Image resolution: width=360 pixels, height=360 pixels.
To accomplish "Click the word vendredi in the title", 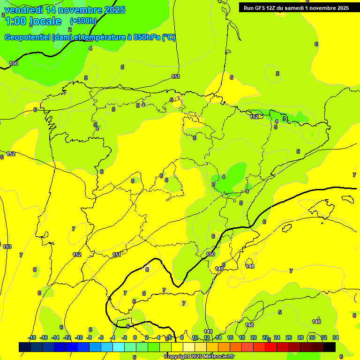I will click(24, 10).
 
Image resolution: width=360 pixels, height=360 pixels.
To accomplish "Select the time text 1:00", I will click(15, 21).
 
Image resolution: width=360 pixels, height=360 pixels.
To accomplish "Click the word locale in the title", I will click(45, 21).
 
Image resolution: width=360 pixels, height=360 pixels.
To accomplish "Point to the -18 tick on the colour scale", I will click(32, 337).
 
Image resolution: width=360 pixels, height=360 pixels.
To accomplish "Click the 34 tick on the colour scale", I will click(336, 337).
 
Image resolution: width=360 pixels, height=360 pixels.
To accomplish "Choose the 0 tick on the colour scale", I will click(135, 337).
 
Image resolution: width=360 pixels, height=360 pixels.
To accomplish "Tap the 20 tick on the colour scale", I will click(254, 337).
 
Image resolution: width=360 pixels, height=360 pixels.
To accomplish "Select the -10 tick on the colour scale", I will click(78, 337).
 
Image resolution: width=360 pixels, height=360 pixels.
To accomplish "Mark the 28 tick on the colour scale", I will click(300, 337).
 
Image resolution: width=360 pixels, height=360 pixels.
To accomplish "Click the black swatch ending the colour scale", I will click(330, 347).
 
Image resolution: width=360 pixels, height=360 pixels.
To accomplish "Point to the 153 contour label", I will click(7, 247).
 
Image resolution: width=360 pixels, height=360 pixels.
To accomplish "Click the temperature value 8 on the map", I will click(147, 270).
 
